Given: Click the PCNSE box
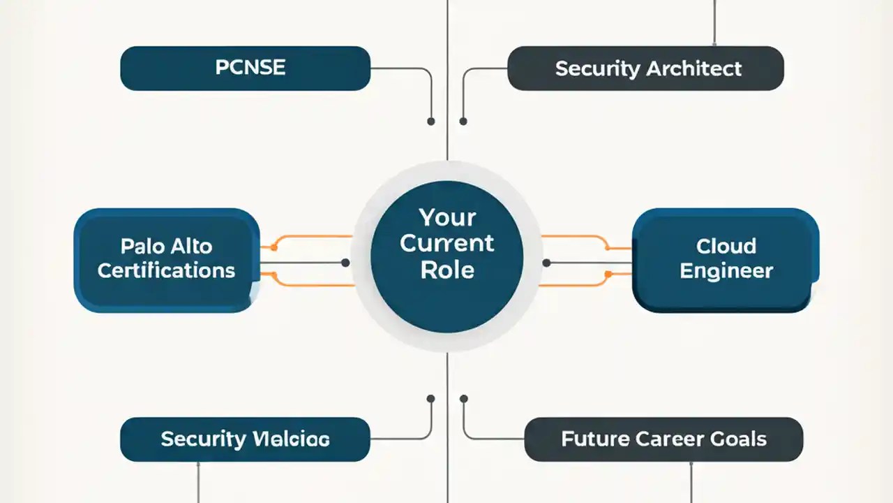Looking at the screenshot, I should point(245,68).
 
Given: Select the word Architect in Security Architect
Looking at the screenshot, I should point(693,69).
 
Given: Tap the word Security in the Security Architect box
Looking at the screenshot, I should point(598,69).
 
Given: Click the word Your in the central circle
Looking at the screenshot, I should point(447,218).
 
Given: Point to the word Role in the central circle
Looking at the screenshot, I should point(447,270).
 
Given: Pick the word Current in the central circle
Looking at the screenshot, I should point(447,244).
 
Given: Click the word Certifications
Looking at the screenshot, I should point(166,271).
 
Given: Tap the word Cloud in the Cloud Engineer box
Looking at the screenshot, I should point(726,246).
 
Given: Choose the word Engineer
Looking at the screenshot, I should point(726,271).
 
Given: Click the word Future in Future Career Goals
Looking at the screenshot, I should point(595,439).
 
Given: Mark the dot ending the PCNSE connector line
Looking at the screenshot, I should point(431,122).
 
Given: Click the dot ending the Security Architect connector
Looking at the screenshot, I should point(463,122).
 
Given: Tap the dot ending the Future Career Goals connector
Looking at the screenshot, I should point(463,399).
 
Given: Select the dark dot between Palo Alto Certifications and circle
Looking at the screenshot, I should point(345,263).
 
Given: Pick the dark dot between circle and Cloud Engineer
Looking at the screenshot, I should point(547,263).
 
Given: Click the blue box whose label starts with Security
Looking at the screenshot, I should point(245,439).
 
